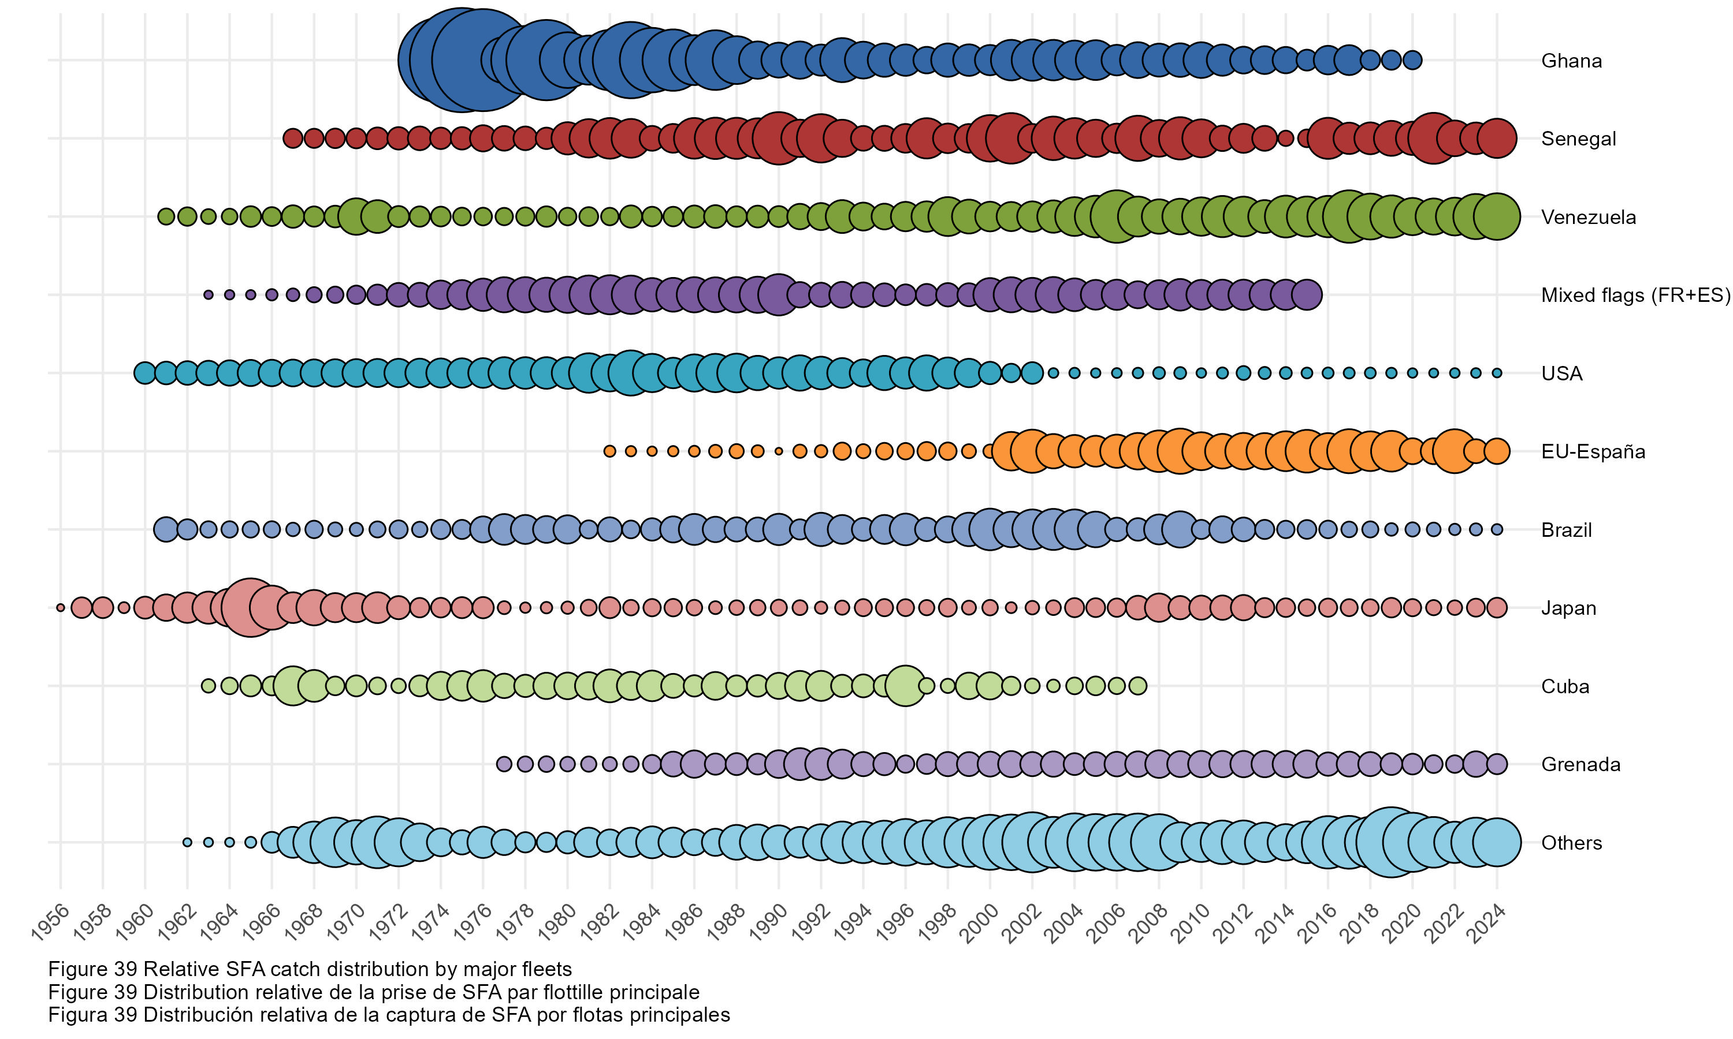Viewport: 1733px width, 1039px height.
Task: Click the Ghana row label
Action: coord(1571,61)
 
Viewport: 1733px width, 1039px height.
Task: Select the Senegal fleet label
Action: coord(1578,139)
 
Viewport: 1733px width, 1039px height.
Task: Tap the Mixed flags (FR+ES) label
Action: coord(1635,296)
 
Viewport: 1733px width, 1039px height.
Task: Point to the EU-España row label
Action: coord(1592,451)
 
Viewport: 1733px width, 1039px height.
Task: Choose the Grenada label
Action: coord(1580,765)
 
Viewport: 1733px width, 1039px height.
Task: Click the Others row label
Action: coord(1571,843)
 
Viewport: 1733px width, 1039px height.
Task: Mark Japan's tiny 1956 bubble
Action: coord(60,608)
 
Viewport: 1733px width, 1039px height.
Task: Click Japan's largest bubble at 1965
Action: coord(250,608)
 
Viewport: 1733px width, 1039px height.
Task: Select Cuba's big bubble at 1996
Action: coord(905,686)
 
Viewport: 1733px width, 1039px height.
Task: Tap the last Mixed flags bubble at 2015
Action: coord(1307,295)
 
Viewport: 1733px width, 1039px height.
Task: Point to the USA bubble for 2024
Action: coord(1497,373)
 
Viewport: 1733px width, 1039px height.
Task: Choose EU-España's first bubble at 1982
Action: coord(609,451)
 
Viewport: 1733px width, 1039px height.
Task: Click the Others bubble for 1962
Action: coord(187,842)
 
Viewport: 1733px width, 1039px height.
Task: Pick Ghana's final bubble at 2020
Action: coord(1412,60)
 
